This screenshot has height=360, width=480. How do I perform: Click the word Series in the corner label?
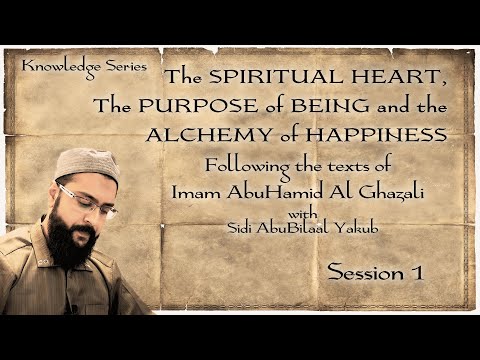tap(124, 65)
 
